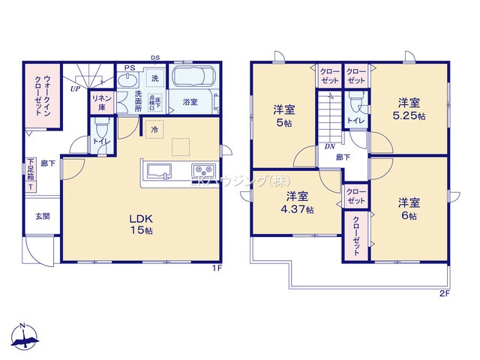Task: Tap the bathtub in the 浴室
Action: [x=193, y=77]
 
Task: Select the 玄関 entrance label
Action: [x=42, y=216]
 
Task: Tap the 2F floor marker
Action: [x=444, y=292]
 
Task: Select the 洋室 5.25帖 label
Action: [x=409, y=109]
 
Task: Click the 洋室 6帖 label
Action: [x=409, y=208]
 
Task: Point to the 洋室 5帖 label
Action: [x=283, y=116]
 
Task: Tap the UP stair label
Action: [x=75, y=88]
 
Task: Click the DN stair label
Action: [x=329, y=147]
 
